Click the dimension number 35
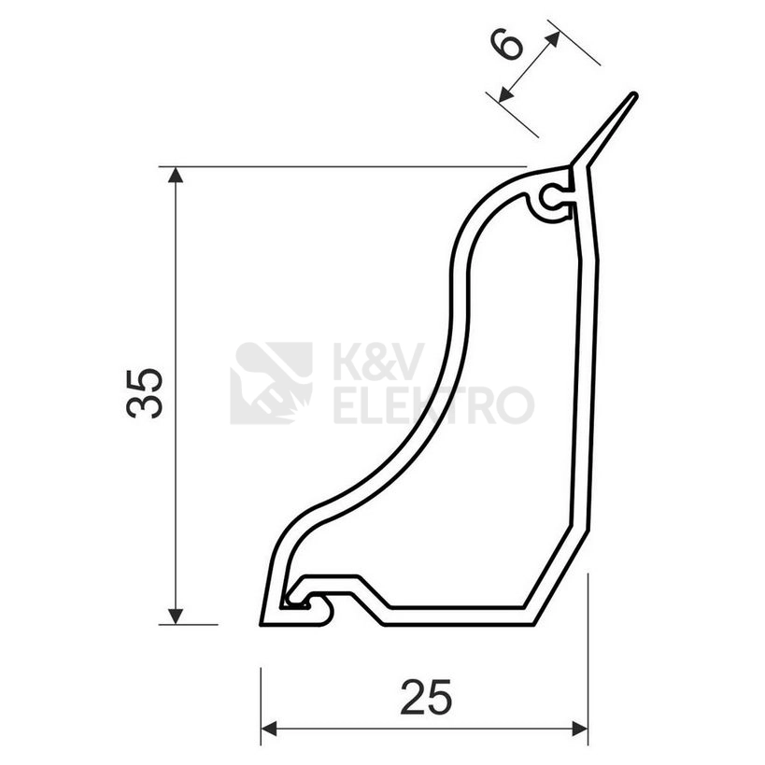[x=144, y=393]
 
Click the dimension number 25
[x=426, y=697]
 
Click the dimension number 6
[x=508, y=44]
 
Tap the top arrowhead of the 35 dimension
[x=176, y=175]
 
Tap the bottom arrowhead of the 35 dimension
[x=176, y=616]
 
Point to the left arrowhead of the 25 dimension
[x=269, y=730]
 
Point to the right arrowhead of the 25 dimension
[x=580, y=730]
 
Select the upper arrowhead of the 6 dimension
[x=554, y=38]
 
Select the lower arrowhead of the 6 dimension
[x=506, y=94]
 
